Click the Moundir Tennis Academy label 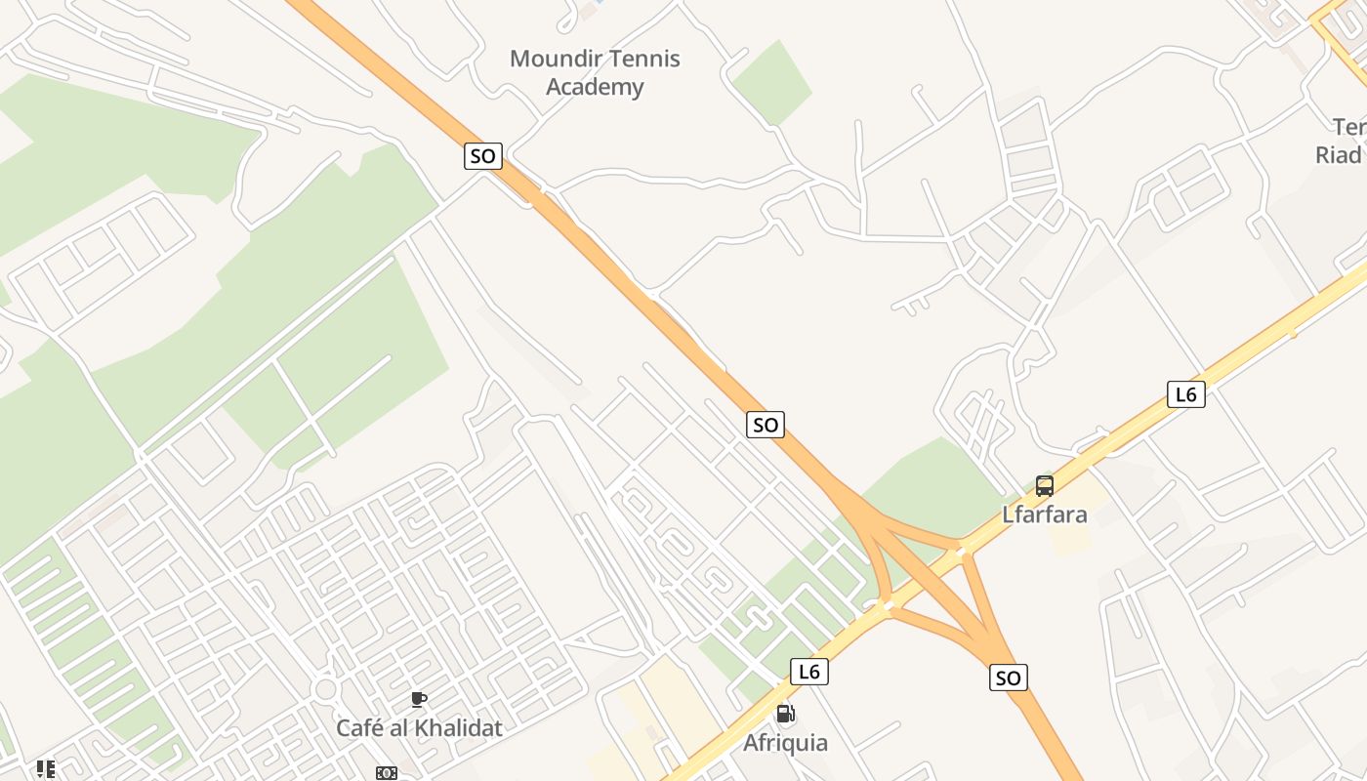click(595, 73)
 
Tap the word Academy click(595, 87)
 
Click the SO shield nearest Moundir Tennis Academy click(482, 155)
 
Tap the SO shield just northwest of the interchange click(766, 425)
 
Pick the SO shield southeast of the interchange click(1009, 678)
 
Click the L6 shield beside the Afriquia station click(808, 672)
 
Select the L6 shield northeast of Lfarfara click(1185, 394)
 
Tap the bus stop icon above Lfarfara click(1045, 486)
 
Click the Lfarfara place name click(1045, 514)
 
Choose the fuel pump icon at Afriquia click(785, 715)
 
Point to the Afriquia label click(785, 743)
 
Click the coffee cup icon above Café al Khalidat click(419, 699)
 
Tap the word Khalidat click(456, 728)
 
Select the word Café click(359, 728)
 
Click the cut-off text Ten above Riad click(1348, 127)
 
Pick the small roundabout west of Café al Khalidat click(326, 690)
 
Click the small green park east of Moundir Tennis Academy click(771, 83)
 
